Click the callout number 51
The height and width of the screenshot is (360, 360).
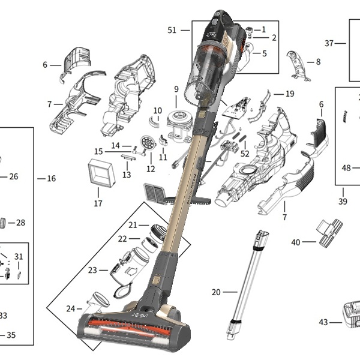click(x=172, y=30)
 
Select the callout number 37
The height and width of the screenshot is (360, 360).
click(x=329, y=43)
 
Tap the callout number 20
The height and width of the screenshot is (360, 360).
click(x=216, y=292)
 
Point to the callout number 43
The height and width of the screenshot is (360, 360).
click(x=323, y=322)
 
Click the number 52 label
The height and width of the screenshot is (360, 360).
click(x=245, y=154)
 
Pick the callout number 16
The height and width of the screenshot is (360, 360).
click(x=51, y=179)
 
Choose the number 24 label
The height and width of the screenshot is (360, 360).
click(x=71, y=308)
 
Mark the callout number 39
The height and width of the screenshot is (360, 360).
click(x=343, y=202)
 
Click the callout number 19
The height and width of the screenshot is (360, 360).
click(x=290, y=94)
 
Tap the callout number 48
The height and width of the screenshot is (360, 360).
click(x=346, y=168)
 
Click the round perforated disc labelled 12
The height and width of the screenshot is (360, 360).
click(x=146, y=143)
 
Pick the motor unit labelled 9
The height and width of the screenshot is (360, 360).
click(x=178, y=124)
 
